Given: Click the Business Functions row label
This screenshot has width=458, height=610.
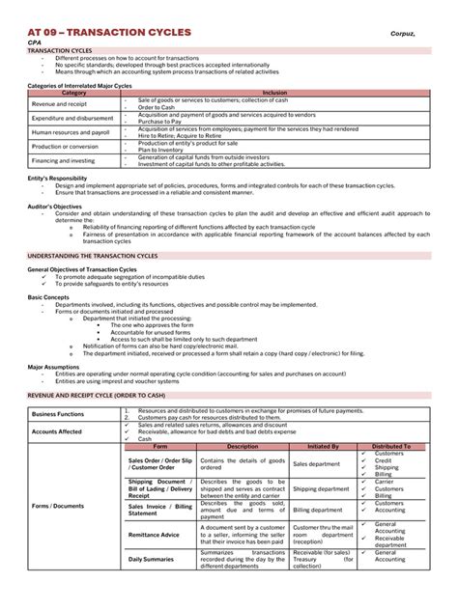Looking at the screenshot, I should coord(59,412).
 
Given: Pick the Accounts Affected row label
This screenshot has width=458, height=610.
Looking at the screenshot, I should coord(57,431).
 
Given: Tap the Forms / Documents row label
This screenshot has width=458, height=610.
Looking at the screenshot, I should coord(57,506).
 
